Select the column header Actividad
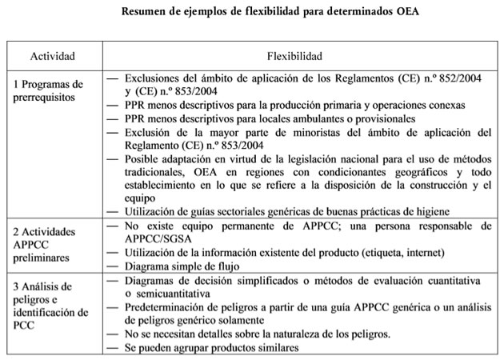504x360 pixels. point(53,58)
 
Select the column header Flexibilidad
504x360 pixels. point(295,58)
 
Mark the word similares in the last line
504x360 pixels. point(270,348)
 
